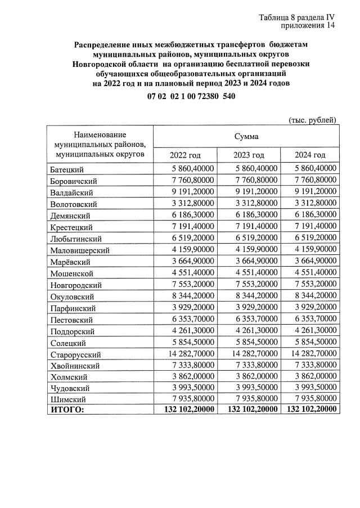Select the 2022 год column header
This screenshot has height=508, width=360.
tap(185, 155)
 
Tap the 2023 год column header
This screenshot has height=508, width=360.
tap(249, 155)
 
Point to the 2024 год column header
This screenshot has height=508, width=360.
tap(310, 155)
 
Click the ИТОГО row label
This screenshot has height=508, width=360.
tap(67, 410)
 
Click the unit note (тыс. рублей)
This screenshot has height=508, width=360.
tap(312, 120)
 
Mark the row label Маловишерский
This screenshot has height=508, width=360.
tap(79, 250)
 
